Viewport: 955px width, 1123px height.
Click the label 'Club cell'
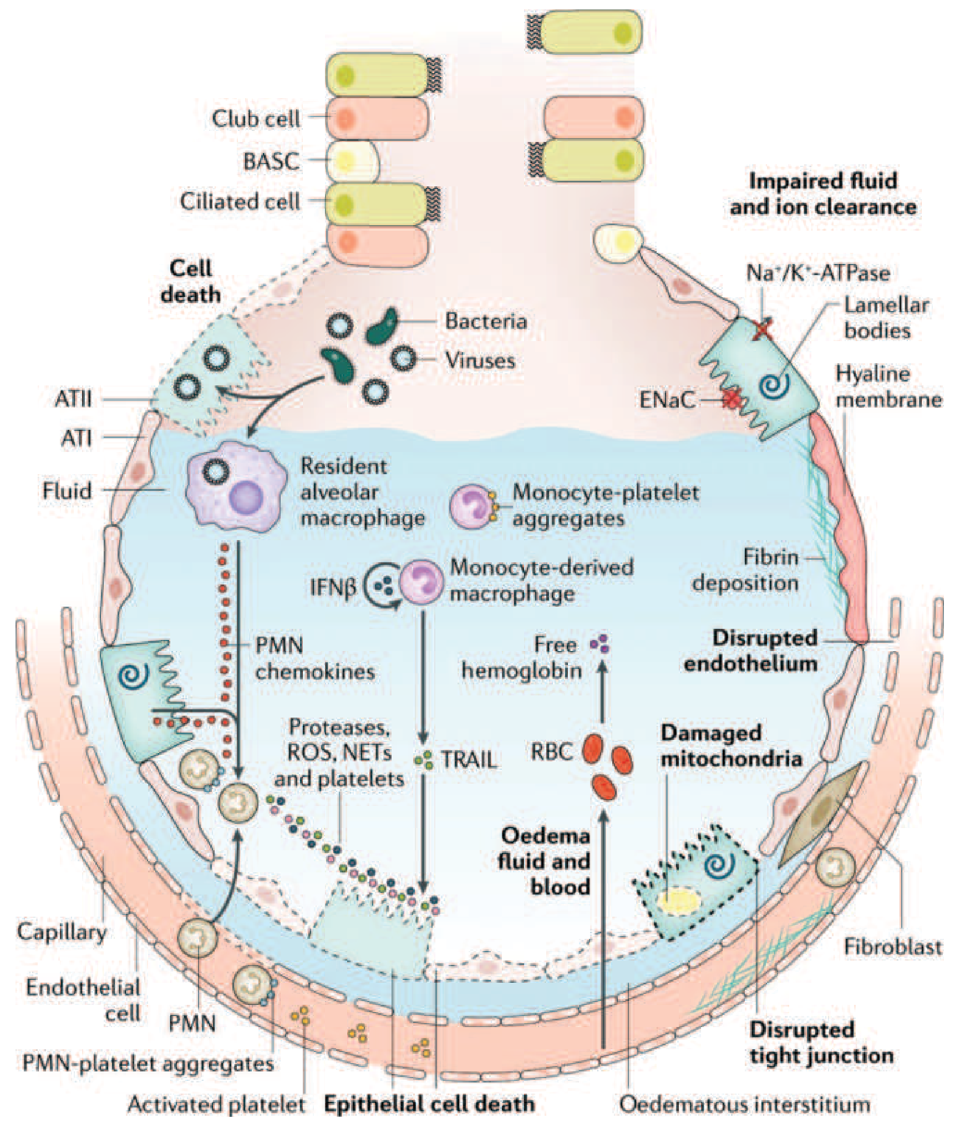[x=256, y=118]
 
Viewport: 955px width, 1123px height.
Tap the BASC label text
[x=271, y=161]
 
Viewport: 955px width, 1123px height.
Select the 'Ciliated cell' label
[x=240, y=201]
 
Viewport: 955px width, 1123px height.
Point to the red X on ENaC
[x=733, y=398]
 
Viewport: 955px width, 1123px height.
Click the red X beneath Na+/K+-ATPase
[x=763, y=329]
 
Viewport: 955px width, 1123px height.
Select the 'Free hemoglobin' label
[x=522, y=658]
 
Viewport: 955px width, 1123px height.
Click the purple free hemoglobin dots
[x=601, y=644]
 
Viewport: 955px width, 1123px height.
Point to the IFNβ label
[x=332, y=587]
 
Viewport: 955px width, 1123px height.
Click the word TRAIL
[x=469, y=760]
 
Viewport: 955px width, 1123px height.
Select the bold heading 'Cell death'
[x=190, y=281]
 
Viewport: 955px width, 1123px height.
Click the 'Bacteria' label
[x=486, y=321]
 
